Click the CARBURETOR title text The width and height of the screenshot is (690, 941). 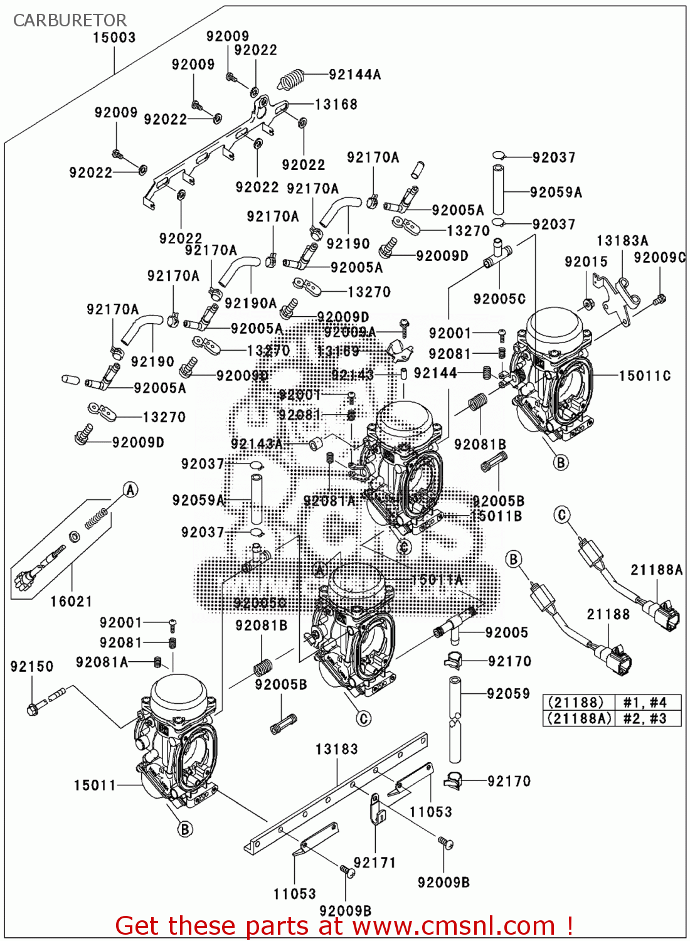click(70, 20)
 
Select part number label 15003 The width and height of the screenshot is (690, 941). click(114, 38)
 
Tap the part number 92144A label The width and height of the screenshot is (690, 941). click(355, 75)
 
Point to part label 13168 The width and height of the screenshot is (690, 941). click(336, 104)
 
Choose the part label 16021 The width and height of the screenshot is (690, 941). click(72, 602)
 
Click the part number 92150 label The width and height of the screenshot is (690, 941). click(32, 666)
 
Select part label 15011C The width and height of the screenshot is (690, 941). click(645, 376)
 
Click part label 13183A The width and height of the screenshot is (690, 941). click(622, 241)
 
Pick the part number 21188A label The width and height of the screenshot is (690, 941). click(657, 570)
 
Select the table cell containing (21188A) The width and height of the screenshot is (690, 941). click(578, 718)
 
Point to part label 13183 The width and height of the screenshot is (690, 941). click(337, 749)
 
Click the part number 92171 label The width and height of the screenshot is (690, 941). click(375, 863)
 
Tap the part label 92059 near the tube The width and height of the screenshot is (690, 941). click(509, 694)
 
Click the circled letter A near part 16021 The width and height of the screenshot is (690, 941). click(130, 490)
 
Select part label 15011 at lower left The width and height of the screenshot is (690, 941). click(95, 785)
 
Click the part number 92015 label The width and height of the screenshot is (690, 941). click(586, 262)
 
